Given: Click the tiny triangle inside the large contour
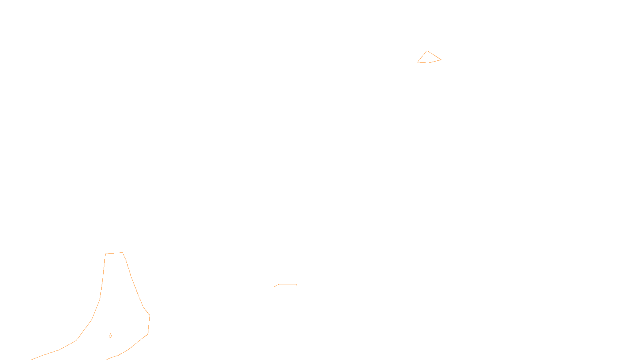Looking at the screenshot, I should (x=110, y=336).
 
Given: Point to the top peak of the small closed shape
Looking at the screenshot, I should (x=427, y=51).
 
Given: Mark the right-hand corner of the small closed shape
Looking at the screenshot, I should (x=441, y=60).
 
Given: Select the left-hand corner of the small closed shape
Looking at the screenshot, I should (x=418, y=62).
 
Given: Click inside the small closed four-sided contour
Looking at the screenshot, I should (x=428, y=58).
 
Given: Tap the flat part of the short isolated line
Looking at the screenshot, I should (x=288, y=284).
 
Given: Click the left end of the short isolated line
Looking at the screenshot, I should (x=274, y=287).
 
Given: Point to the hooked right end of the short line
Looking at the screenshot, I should (x=297, y=285).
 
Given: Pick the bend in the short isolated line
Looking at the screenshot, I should (x=279, y=284).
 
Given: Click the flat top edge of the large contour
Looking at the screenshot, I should (x=114, y=253).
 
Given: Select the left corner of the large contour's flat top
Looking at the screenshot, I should (x=105, y=254).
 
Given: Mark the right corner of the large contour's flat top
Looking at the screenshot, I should (x=122, y=252).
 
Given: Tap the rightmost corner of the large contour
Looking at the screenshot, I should (x=150, y=316).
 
